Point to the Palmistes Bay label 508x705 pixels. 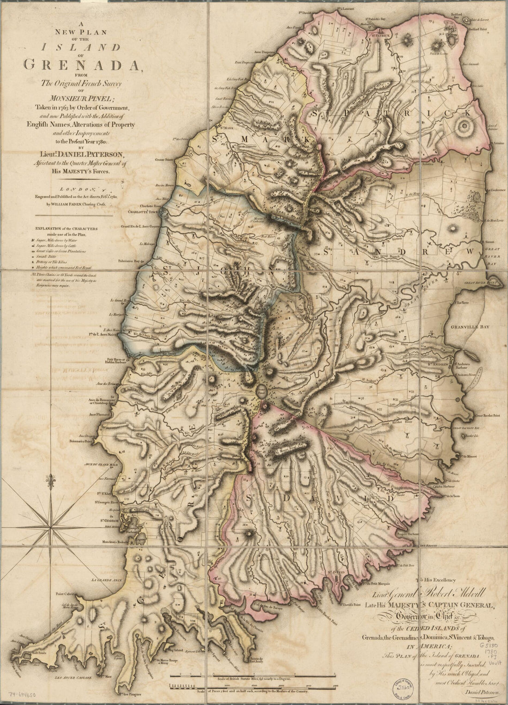point(130,261)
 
